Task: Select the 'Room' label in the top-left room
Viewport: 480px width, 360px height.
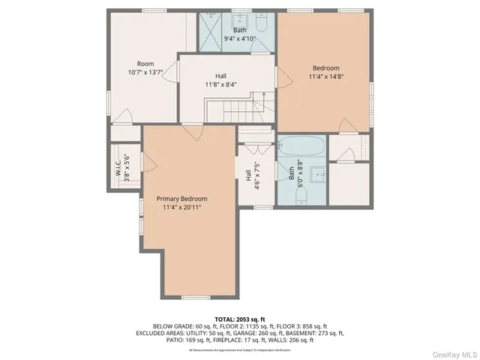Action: [x=145, y=64]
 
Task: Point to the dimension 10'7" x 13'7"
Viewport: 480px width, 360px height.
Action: [x=145, y=73]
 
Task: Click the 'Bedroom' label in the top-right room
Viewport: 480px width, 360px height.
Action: [x=324, y=67]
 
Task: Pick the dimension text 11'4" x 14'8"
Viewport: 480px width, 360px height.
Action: [x=324, y=76]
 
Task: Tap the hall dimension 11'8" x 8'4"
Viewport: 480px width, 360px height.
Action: [x=220, y=85]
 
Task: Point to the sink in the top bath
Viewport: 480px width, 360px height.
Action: [x=240, y=20]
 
